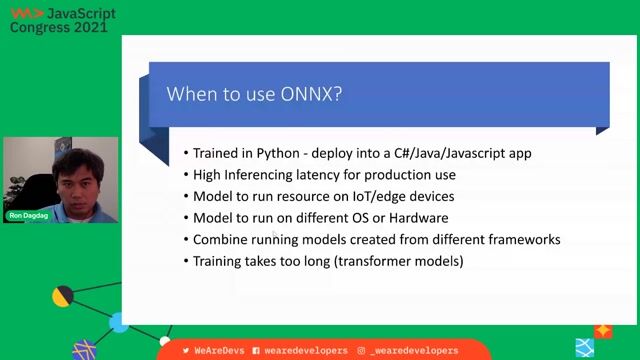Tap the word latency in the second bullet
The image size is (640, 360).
(322, 175)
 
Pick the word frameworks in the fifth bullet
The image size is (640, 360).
(524, 240)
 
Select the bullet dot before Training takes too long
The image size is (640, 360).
(186, 262)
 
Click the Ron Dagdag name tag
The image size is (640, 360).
(27, 216)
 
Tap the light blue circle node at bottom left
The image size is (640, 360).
(119, 322)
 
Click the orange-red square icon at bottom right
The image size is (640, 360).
(603, 331)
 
